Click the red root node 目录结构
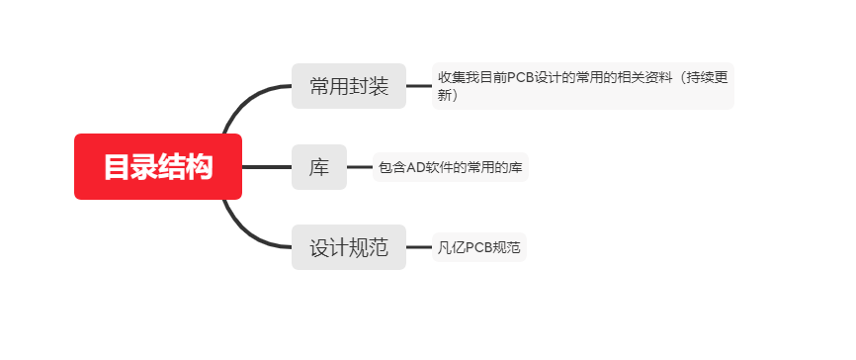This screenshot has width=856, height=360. [x=158, y=167]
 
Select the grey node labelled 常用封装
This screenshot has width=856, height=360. [x=349, y=86]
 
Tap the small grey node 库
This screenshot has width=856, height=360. [x=319, y=167]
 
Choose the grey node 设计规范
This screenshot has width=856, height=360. [x=349, y=247]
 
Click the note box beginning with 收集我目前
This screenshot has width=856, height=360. [x=583, y=86]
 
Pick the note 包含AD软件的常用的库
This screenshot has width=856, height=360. [x=451, y=167]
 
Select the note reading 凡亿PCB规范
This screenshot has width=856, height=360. [x=479, y=247]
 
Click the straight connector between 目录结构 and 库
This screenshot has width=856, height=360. [x=267, y=167]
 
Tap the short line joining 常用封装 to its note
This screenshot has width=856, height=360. [x=419, y=86]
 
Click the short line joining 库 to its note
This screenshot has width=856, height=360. [x=359, y=167]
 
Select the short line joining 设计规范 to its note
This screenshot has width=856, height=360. [x=419, y=247]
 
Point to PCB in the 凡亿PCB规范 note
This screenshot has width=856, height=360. [x=478, y=247]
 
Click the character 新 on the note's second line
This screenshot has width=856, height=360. [x=445, y=95]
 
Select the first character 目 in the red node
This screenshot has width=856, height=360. [x=117, y=167]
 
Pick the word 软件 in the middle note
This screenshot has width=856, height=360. [x=439, y=167]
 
